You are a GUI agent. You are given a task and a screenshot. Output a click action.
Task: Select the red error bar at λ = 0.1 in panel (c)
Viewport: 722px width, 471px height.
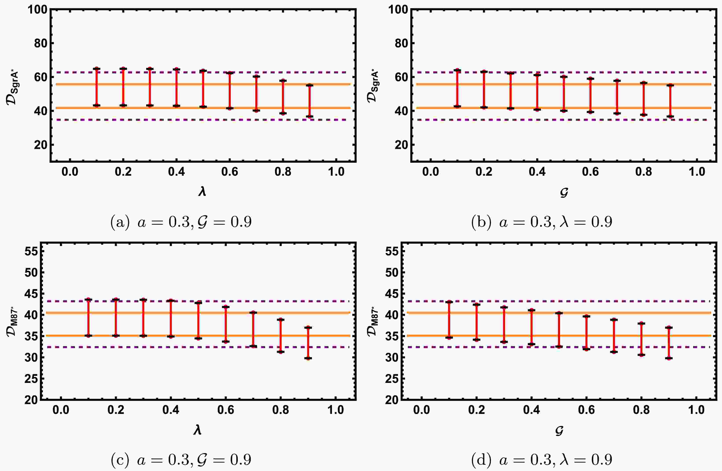pyautogui.click(x=88, y=317)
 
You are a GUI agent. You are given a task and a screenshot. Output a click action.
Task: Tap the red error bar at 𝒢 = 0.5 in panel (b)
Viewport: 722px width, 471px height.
pyautogui.click(x=564, y=94)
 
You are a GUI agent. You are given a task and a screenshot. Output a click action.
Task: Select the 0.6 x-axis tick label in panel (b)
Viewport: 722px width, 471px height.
pyautogui.click(x=590, y=172)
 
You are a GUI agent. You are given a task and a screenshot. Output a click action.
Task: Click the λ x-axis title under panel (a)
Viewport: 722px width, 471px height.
pyautogui.click(x=202, y=192)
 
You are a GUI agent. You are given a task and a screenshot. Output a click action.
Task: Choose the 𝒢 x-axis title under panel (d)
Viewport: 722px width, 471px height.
pyautogui.click(x=559, y=430)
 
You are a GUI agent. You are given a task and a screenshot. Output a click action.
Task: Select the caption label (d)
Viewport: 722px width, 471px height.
pyautogui.click(x=481, y=460)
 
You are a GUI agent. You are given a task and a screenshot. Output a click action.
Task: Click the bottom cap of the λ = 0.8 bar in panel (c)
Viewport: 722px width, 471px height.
pyautogui.click(x=281, y=352)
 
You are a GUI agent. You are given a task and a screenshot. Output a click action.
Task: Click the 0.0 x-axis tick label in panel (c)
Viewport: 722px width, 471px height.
pyautogui.click(x=61, y=410)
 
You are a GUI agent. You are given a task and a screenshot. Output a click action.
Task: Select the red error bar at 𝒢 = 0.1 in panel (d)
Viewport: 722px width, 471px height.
pyautogui.click(x=449, y=320)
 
